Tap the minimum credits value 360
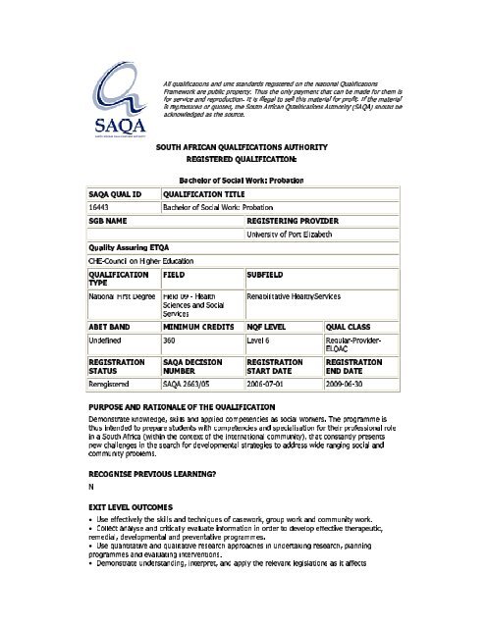point(171,337)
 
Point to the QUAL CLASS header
point(351,323)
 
